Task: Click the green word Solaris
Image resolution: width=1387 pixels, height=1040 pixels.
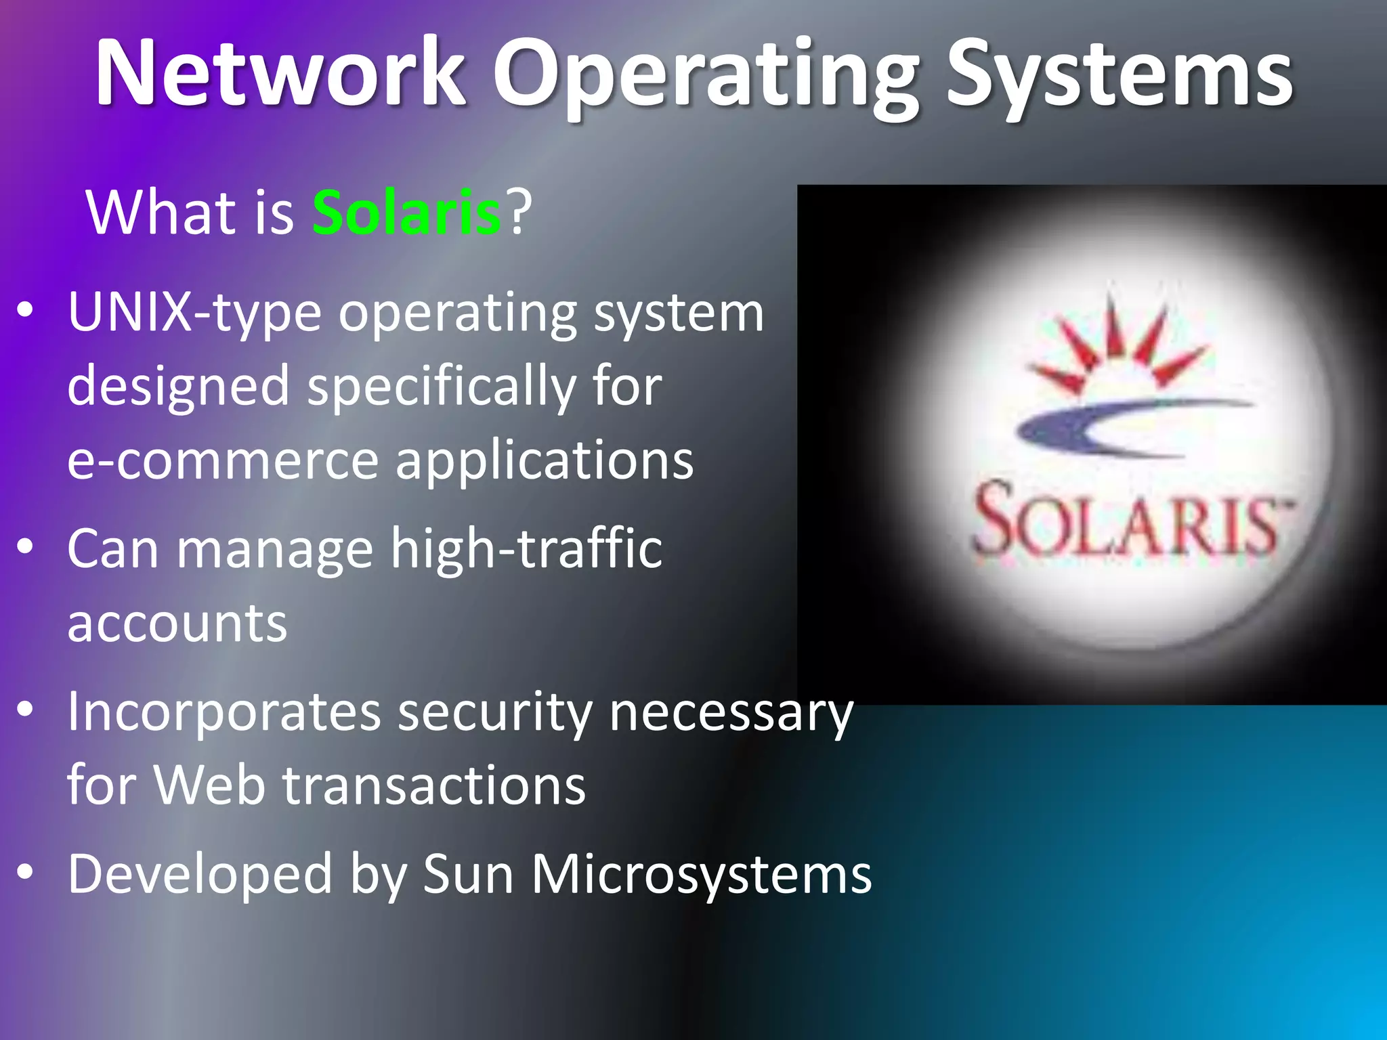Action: [x=406, y=213]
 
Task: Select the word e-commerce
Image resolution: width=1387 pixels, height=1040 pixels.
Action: [x=222, y=460]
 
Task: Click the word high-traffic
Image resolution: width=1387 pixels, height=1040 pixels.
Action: [x=526, y=548]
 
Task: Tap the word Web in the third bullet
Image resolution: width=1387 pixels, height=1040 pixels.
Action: [x=209, y=785]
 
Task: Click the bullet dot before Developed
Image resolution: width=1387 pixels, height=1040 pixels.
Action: [x=25, y=873]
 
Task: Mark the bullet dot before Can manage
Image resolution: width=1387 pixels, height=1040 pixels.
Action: [x=25, y=546]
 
